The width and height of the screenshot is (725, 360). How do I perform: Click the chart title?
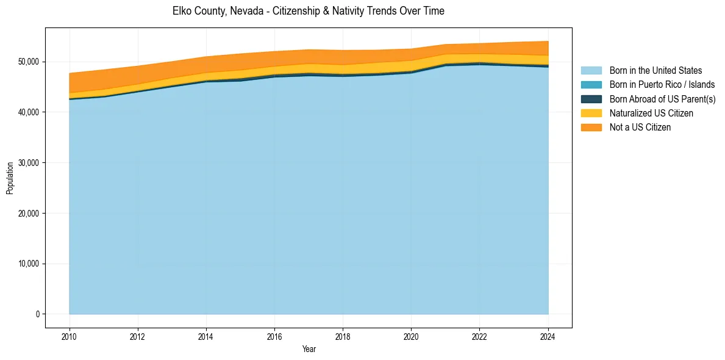[x=308, y=11]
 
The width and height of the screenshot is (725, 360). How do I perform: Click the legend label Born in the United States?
[x=655, y=71]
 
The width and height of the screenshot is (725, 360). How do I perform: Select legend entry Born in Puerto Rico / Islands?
[x=662, y=85]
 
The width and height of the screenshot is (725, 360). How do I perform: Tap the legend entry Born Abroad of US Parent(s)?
[x=662, y=99]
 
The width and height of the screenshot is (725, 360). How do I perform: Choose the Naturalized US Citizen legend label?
[x=651, y=113]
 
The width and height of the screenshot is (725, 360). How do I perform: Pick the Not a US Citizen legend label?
[x=640, y=128]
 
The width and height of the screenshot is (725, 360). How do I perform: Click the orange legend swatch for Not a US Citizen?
[x=591, y=128]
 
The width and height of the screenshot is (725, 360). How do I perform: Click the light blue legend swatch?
[x=591, y=71]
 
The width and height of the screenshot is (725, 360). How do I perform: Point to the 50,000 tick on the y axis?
[x=28, y=62]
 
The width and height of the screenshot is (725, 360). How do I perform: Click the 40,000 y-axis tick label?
[x=28, y=112]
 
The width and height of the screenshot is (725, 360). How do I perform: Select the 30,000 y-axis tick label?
[x=28, y=163]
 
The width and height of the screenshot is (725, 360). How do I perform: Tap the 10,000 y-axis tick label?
[x=28, y=264]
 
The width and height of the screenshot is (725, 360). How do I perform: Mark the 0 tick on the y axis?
[x=37, y=314]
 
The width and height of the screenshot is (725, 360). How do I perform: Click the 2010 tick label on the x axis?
[x=70, y=336]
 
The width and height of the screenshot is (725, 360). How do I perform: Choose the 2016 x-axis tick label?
[x=274, y=336]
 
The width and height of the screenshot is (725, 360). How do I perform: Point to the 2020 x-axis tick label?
[x=411, y=336]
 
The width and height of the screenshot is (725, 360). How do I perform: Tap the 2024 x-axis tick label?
[x=548, y=336]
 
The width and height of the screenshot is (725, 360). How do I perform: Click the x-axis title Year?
[x=309, y=349]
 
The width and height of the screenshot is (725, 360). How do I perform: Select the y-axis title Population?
[x=10, y=178]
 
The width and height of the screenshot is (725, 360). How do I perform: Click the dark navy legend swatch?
[x=591, y=99]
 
